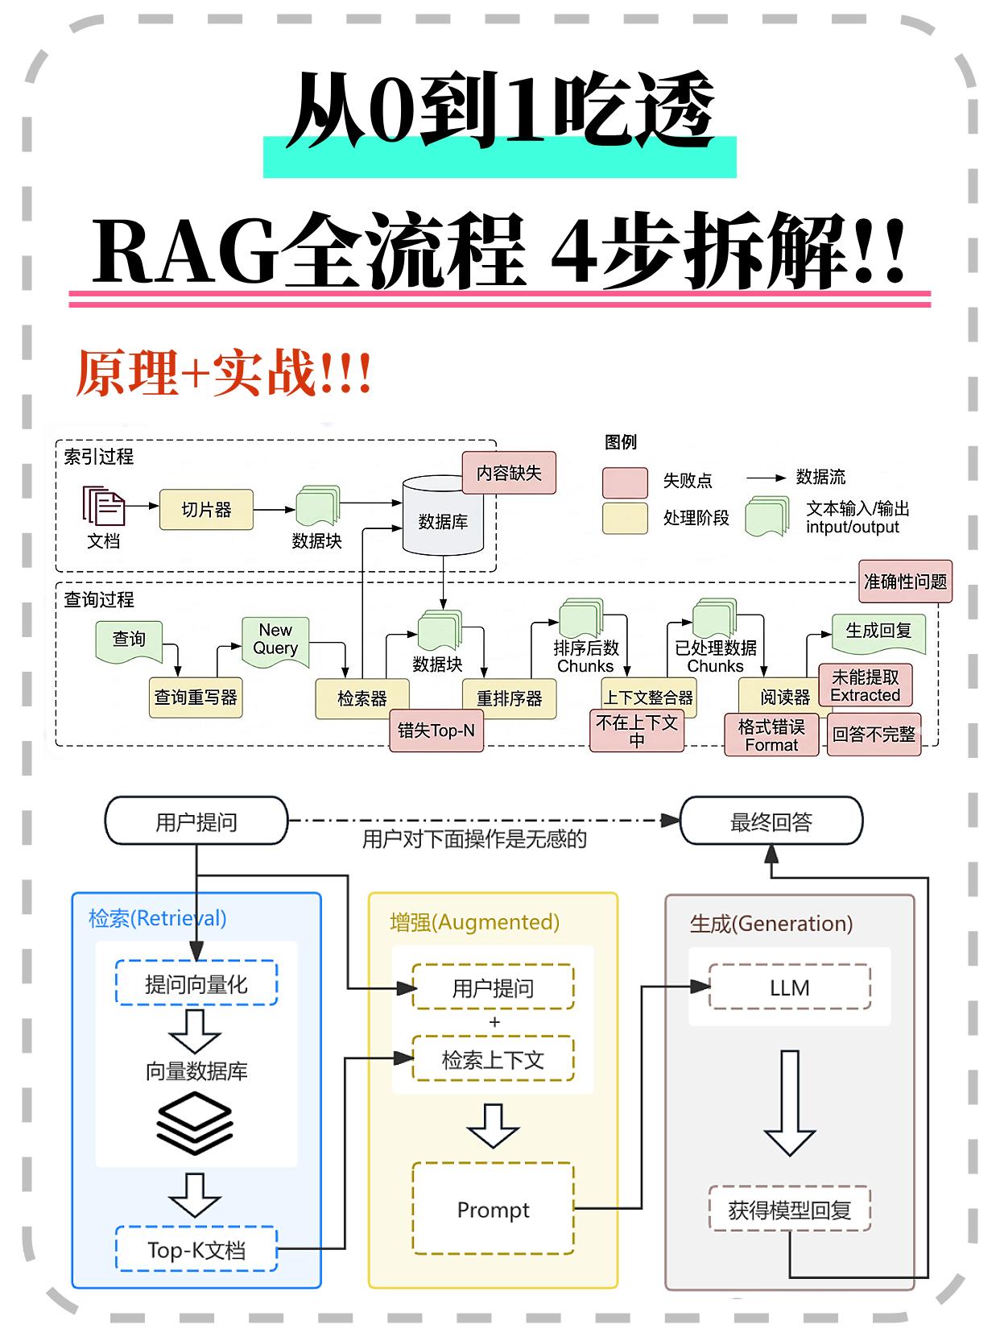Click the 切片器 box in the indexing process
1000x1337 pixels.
206,510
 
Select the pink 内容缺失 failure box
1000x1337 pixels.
509,473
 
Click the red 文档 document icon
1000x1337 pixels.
103,507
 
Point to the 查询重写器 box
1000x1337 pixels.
196,697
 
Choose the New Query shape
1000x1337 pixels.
276,641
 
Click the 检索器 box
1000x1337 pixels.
362,697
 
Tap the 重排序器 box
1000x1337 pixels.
509,697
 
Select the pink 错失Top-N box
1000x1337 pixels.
436,731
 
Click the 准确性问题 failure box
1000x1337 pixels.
905,582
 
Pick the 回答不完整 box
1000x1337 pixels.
874,735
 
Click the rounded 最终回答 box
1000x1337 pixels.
771,822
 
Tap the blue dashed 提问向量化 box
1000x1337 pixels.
196,983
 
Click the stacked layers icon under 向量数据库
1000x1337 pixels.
195,1122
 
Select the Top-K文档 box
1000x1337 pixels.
196,1249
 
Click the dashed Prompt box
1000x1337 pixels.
493,1209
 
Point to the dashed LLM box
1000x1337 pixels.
789,987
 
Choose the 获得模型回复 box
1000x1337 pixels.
789,1209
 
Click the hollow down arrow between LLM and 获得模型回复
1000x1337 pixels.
790,1103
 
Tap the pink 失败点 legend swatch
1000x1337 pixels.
625,482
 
